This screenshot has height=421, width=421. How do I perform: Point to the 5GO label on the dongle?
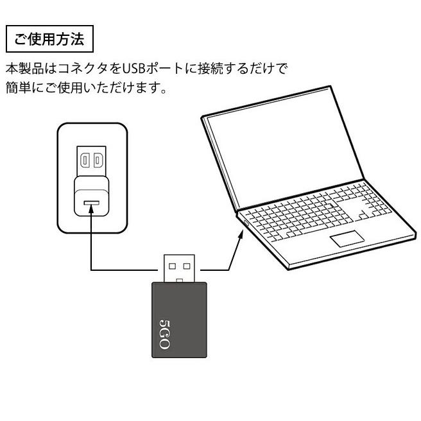click(163, 333)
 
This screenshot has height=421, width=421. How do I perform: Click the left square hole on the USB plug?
click(172, 264)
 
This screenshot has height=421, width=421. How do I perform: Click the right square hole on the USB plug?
click(187, 264)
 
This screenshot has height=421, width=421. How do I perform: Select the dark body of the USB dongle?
click(180, 321)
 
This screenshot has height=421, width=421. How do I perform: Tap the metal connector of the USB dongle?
click(180, 267)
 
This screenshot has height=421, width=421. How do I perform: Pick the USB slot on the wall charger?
click(91, 203)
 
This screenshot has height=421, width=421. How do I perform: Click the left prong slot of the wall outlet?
click(85, 160)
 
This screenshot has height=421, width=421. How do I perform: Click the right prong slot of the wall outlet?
click(98, 160)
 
